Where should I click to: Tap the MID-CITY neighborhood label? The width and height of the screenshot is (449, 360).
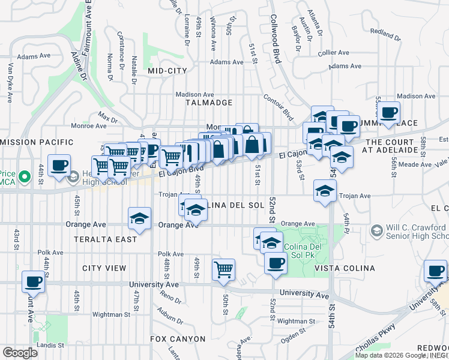pyautogui.click(x=167, y=71)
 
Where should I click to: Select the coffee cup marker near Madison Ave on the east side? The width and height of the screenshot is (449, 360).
pyautogui.click(x=389, y=112)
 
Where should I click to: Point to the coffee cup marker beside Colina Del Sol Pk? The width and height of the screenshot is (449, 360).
pyautogui.click(x=276, y=263)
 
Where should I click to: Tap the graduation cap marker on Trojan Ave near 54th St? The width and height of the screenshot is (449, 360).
pyautogui.click(x=325, y=191)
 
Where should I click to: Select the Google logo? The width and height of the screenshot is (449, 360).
pyautogui.click(x=20, y=353)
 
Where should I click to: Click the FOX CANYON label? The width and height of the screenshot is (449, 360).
pyautogui.click(x=178, y=339)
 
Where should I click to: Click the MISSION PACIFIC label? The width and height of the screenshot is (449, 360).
pyautogui.click(x=37, y=143)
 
